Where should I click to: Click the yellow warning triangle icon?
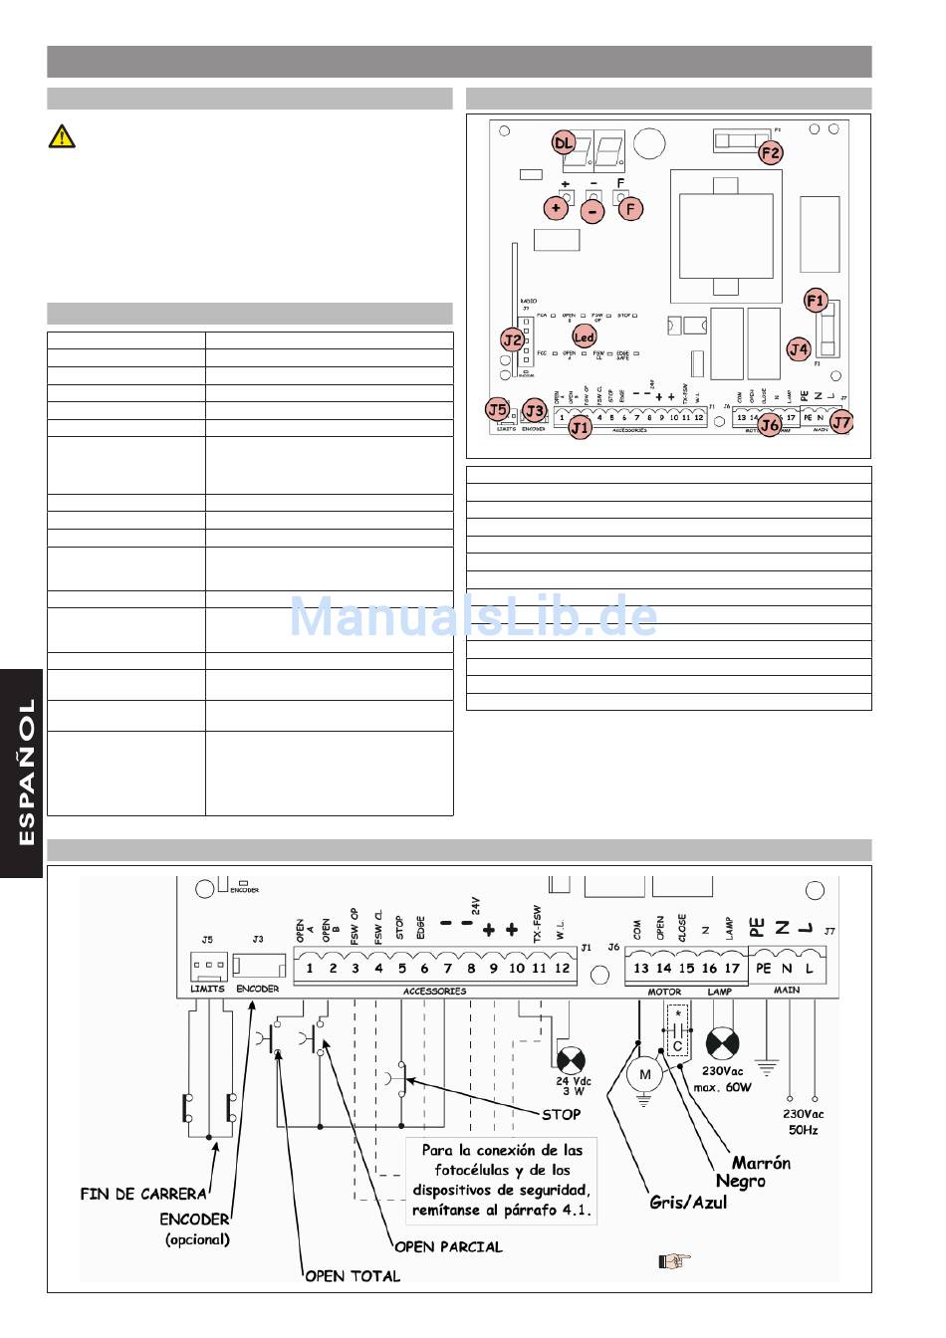62,136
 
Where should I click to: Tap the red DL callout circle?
564,143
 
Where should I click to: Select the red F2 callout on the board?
771,153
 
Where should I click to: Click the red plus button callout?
556,208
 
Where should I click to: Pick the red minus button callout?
592,211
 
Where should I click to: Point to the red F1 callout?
816,300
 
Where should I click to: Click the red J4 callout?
799,348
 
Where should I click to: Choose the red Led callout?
584,338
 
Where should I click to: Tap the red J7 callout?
841,422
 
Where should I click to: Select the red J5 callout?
498,408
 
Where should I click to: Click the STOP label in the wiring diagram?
561,1114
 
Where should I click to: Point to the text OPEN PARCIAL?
448,1245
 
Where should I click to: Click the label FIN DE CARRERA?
143,1194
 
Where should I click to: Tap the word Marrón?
761,1162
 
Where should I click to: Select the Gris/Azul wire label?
688,1202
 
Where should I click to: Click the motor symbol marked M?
644,1074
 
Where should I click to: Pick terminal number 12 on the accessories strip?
562,968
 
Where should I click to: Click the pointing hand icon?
674,1260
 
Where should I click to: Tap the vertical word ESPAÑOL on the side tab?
26,772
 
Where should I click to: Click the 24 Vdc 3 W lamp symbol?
572,1061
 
